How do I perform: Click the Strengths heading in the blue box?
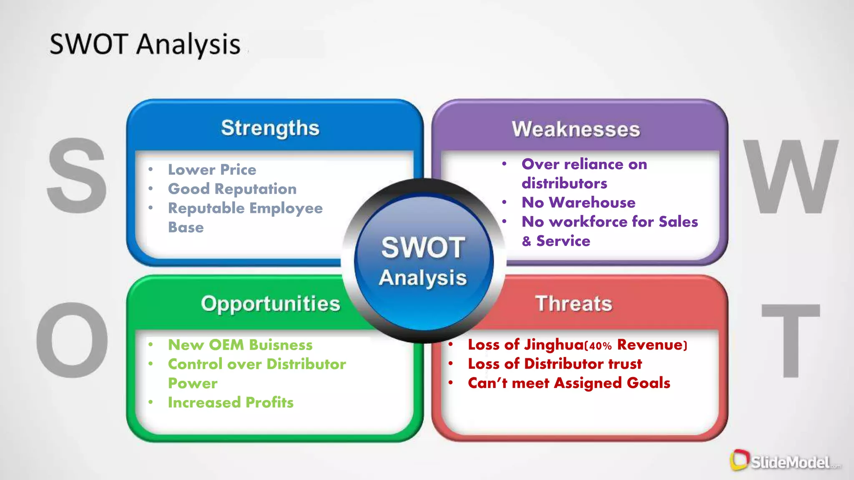pyautogui.click(x=270, y=128)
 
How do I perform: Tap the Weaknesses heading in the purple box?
pyautogui.click(x=576, y=129)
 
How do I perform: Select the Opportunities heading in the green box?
pyautogui.click(x=271, y=304)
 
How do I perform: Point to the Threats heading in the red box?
pyautogui.click(x=574, y=303)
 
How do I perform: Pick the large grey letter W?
pyautogui.click(x=791, y=177)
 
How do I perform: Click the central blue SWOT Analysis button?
pyautogui.click(x=424, y=262)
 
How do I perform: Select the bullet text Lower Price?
pyautogui.click(x=212, y=170)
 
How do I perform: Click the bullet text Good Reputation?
pyautogui.click(x=232, y=189)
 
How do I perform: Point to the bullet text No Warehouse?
pyautogui.click(x=578, y=202)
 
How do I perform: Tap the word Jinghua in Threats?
pyautogui.click(x=554, y=345)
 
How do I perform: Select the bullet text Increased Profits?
pyautogui.click(x=231, y=402)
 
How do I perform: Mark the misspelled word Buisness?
pyautogui.click(x=281, y=345)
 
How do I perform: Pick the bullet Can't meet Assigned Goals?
pyautogui.click(x=569, y=383)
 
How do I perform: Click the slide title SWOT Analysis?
pyautogui.click(x=145, y=44)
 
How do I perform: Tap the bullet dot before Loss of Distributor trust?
pyautogui.click(x=451, y=364)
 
